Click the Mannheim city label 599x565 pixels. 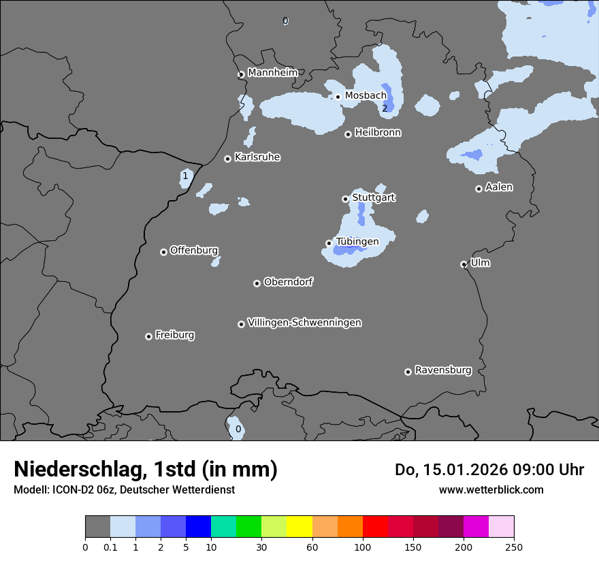point(272,72)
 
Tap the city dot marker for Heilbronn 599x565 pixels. point(348,134)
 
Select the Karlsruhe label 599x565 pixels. point(257,157)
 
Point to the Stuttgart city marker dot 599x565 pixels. point(345,199)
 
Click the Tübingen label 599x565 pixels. point(357,242)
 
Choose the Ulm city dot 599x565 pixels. point(464,264)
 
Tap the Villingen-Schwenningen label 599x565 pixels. point(304,323)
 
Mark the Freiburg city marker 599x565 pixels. point(148,336)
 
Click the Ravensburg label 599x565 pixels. point(442,370)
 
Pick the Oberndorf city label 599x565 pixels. point(288,282)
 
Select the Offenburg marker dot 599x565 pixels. point(163,252)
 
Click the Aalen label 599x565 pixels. point(498,187)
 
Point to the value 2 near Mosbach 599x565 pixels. point(385,108)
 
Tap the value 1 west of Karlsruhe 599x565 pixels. point(184,176)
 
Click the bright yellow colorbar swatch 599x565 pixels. point(299,527)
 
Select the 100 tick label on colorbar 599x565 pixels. point(363,546)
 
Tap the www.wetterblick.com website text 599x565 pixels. point(491,489)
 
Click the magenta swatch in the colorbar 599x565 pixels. point(476,527)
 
